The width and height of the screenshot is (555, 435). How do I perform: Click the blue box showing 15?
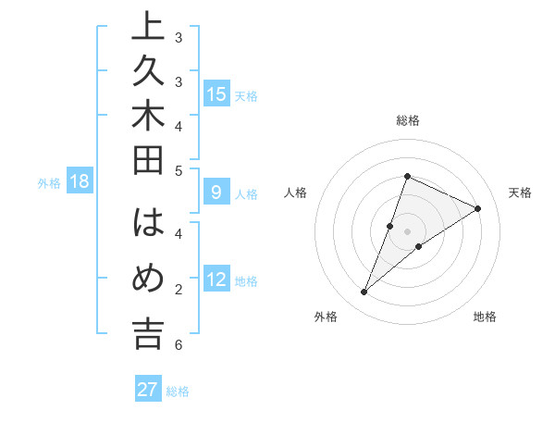click(x=216, y=94)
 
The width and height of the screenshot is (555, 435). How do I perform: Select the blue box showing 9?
click(x=216, y=193)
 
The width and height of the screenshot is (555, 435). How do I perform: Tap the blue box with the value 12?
click(x=216, y=280)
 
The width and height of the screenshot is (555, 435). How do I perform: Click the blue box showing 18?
click(x=80, y=181)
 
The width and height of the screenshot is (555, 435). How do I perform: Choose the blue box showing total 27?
click(x=148, y=390)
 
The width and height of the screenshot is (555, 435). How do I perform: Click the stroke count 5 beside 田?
click(x=179, y=169)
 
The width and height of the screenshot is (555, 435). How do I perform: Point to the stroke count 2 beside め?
click(x=179, y=290)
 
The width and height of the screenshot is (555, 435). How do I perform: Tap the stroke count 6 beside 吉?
click(x=179, y=345)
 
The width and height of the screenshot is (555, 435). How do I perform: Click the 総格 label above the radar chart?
click(x=407, y=121)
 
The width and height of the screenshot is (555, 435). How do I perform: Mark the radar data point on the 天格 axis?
click(x=478, y=208)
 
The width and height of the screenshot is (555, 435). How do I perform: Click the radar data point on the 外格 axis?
click(x=364, y=292)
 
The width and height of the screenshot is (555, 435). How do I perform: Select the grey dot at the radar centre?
click(x=407, y=231)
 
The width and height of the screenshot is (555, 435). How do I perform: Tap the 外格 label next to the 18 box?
click(x=49, y=183)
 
